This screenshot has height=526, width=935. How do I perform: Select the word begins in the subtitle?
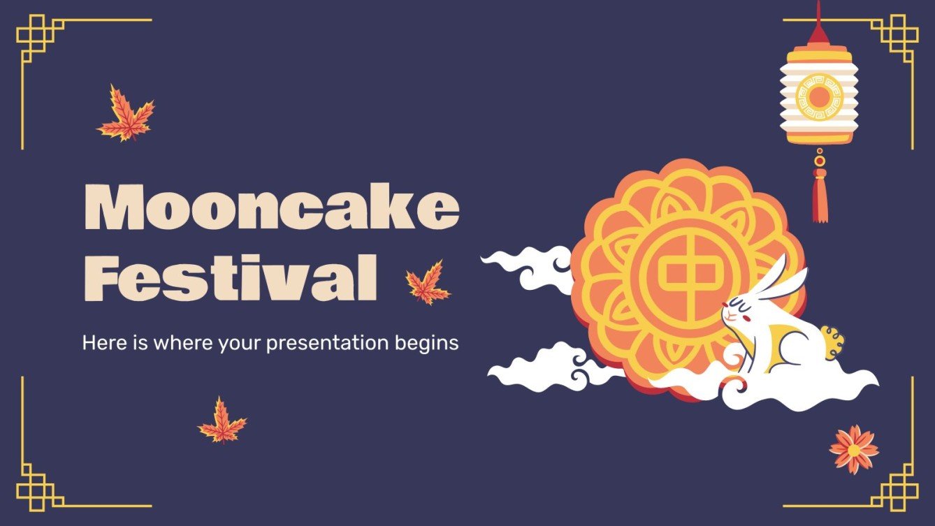433,343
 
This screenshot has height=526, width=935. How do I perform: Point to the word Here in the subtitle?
99,343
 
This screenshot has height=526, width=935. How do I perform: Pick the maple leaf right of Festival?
428,283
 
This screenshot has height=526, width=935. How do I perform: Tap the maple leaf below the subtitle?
222,421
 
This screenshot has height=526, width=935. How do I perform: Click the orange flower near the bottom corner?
853,448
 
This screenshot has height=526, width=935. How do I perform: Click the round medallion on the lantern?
819,97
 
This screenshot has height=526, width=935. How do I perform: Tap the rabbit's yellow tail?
832,342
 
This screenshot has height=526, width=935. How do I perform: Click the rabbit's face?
738,312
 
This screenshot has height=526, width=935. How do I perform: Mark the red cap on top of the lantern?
818,35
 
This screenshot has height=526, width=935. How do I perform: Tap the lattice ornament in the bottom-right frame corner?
896,486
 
